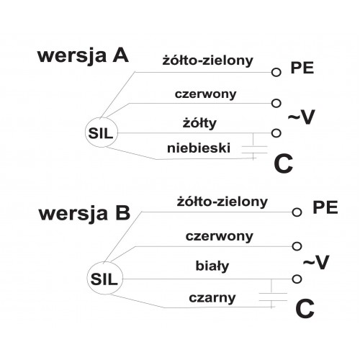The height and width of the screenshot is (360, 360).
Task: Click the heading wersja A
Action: (83, 56)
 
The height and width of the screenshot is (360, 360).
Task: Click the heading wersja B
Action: (84, 213)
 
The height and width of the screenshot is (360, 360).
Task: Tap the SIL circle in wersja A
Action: (102, 117)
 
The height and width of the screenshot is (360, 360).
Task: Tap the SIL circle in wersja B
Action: (105, 263)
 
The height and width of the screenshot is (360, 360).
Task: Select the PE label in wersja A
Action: (302, 68)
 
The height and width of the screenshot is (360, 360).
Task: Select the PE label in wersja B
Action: (325, 207)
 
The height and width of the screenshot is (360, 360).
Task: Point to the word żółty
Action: (199, 123)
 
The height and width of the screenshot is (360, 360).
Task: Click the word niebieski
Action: (199, 148)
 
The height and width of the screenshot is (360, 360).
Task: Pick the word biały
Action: (212, 266)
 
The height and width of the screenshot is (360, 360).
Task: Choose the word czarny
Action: (212, 298)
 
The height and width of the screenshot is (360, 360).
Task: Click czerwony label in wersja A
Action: (205, 94)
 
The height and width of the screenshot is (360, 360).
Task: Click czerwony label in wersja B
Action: (220, 237)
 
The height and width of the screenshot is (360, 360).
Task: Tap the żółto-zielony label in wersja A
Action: (208, 60)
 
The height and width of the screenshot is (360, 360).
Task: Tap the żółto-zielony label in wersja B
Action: (222, 202)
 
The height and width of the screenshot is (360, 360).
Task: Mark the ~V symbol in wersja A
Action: (301, 117)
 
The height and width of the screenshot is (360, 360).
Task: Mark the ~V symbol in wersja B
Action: (316, 262)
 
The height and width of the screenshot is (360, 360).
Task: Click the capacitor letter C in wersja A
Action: (284, 163)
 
